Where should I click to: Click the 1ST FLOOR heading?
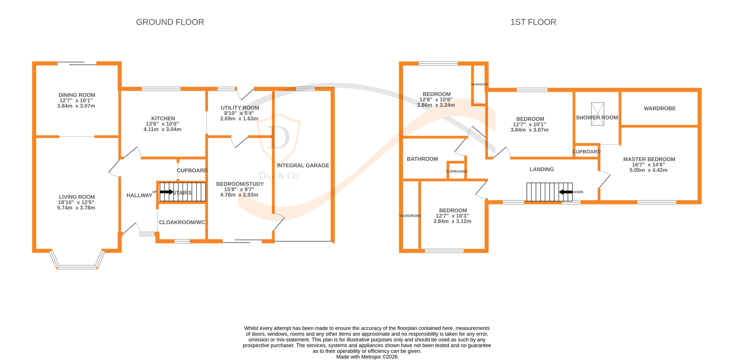pyautogui.click(x=533, y=22)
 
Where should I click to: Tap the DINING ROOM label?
pyautogui.click(x=77, y=95)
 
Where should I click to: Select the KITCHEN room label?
pyautogui.click(x=163, y=118)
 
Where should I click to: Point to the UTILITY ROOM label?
pyautogui.click(x=240, y=108)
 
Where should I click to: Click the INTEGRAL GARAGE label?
pyautogui.click(x=303, y=165)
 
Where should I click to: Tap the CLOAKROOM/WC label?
pyautogui.click(x=182, y=222)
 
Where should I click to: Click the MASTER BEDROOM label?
pyautogui.click(x=649, y=159)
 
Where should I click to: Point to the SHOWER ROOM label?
pyautogui.click(x=597, y=118)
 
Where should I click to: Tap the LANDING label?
pyautogui.click(x=541, y=169)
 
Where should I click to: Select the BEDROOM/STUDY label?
pyautogui.click(x=240, y=184)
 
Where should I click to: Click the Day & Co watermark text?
pyautogui.click(x=278, y=176)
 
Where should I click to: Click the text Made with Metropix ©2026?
pyautogui.click(x=367, y=357)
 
